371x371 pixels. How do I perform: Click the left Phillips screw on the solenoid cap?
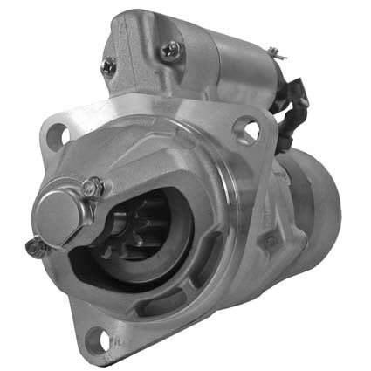[109, 64]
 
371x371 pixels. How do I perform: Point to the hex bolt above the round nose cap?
[95, 185]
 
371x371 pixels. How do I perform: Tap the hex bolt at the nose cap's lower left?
[35, 247]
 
